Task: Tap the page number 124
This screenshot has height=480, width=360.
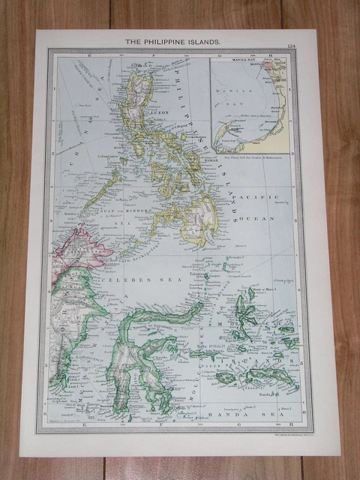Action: click(290, 46)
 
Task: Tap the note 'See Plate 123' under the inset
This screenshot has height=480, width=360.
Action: click(247, 158)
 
